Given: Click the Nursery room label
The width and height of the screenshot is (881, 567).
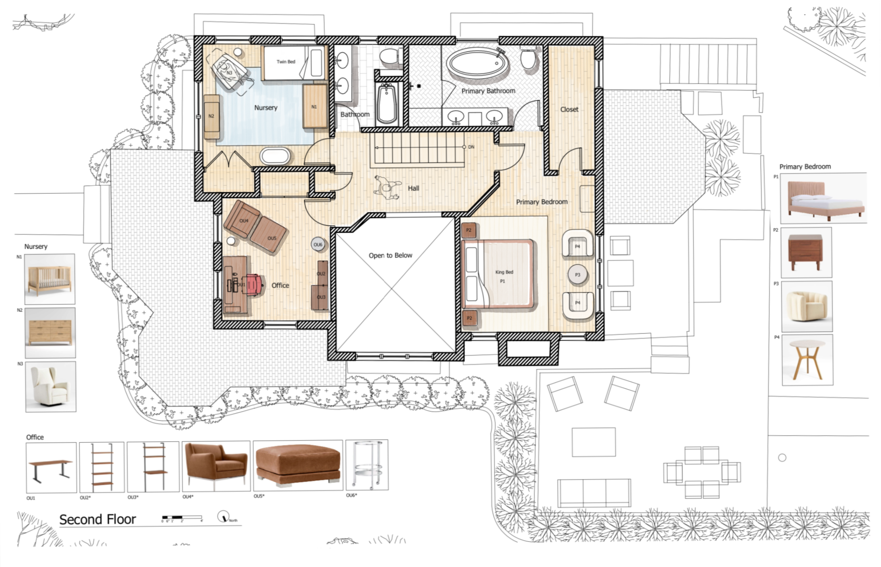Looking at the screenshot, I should (265, 107).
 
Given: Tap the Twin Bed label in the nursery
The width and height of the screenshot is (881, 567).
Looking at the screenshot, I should (286, 62).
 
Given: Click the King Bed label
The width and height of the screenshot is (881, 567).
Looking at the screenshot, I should (504, 272).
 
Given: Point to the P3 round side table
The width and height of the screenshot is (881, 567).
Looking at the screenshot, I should (577, 275).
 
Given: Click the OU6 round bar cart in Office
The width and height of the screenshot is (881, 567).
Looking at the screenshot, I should (318, 245).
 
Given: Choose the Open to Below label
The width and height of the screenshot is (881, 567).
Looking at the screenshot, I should (390, 255).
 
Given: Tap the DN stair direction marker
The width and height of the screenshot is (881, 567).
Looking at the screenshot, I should (471, 147).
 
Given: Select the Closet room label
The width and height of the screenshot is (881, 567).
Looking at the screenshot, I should (569, 109).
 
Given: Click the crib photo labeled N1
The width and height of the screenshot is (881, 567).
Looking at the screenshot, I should (50, 279).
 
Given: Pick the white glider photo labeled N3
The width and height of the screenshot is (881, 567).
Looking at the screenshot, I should (51, 386).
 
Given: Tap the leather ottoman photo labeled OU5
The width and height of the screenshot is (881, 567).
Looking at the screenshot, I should (298, 465).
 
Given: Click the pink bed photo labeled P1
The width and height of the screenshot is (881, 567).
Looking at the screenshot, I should (823, 198).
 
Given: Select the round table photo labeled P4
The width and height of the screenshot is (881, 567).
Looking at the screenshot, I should (807, 360).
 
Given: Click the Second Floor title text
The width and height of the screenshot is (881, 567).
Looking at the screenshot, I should (97, 519).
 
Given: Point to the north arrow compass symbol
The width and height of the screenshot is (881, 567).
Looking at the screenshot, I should (223, 516).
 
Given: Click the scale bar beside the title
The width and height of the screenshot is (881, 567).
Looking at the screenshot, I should (182, 517).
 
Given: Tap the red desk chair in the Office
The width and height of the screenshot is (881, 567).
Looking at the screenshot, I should (254, 284).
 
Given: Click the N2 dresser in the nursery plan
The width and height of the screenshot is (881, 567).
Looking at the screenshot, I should (212, 116).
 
